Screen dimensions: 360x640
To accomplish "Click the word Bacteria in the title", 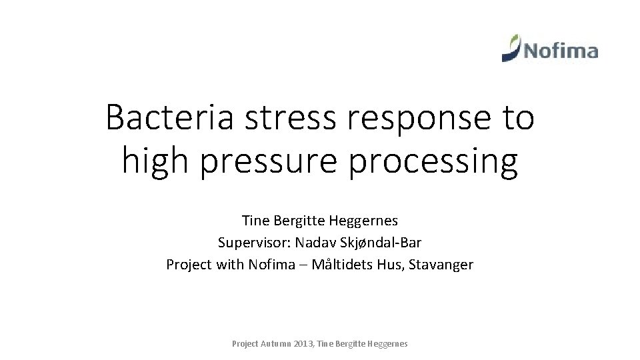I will (169, 118).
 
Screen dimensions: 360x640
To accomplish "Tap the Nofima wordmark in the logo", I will (560, 51).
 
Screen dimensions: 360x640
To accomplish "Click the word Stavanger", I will (441, 265).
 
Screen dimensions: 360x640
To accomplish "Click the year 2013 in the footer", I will (304, 344).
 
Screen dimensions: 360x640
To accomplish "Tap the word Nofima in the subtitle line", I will (271, 265).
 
